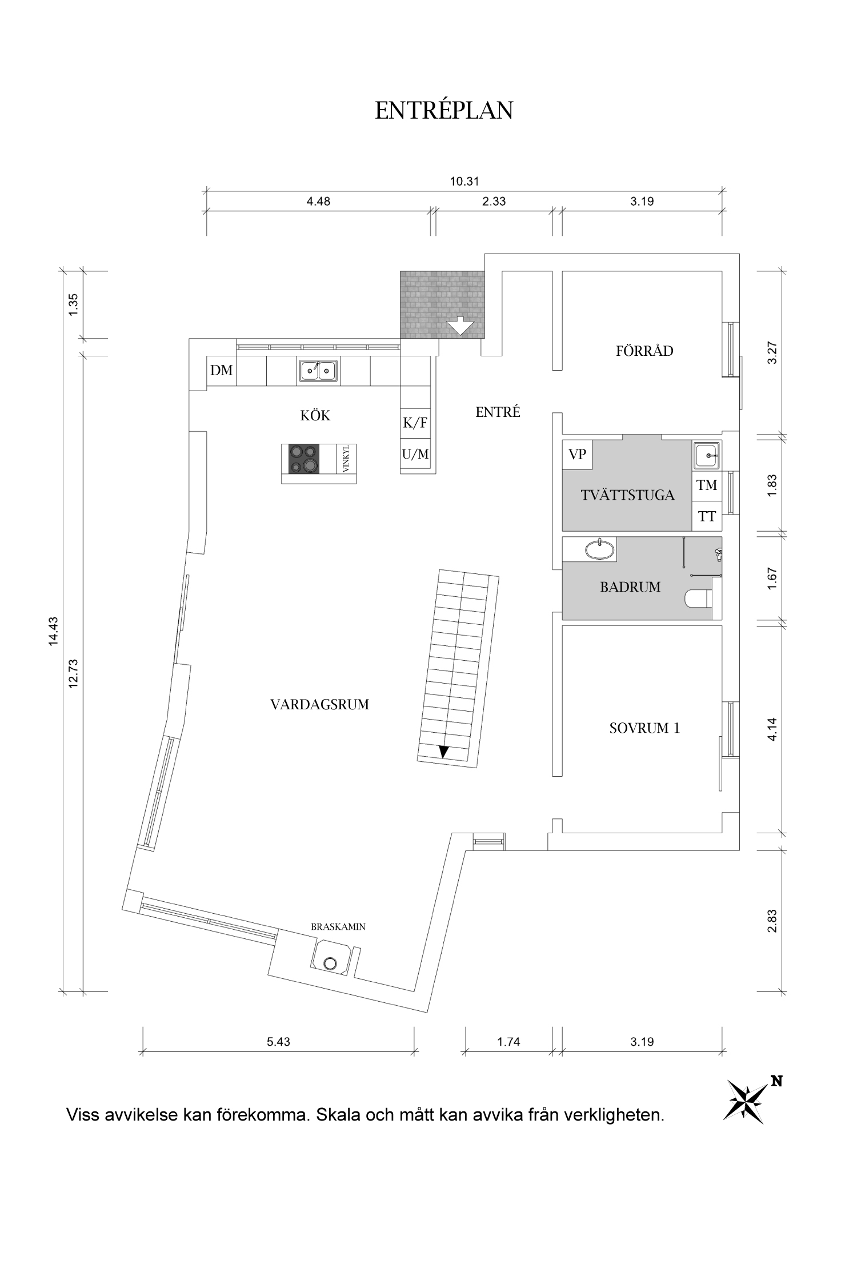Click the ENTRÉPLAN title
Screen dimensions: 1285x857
tap(444, 110)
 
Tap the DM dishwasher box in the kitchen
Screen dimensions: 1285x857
tap(222, 371)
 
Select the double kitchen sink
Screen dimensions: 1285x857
tap(318, 371)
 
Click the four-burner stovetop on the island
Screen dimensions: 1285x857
tap(303, 459)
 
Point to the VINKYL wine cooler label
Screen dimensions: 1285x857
tap(346, 459)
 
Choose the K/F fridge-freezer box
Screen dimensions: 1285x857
tap(415, 423)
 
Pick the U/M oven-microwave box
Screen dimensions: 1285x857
tap(415, 455)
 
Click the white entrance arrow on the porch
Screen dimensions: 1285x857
tap(460, 327)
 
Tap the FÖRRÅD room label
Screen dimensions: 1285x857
tap(644, 351)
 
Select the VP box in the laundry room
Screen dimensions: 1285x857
tap(578, 455)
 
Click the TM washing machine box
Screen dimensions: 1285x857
tap(707, 485)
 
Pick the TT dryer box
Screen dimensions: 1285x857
tap(707, 517)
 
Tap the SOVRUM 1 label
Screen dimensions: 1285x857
tap(644, 728)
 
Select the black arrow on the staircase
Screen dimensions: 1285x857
tap(444, 752)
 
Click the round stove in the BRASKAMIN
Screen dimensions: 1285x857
tap(330, 963)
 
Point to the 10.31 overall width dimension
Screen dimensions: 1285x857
tap(464, 182)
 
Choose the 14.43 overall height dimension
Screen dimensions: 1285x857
tap(54, 631)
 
